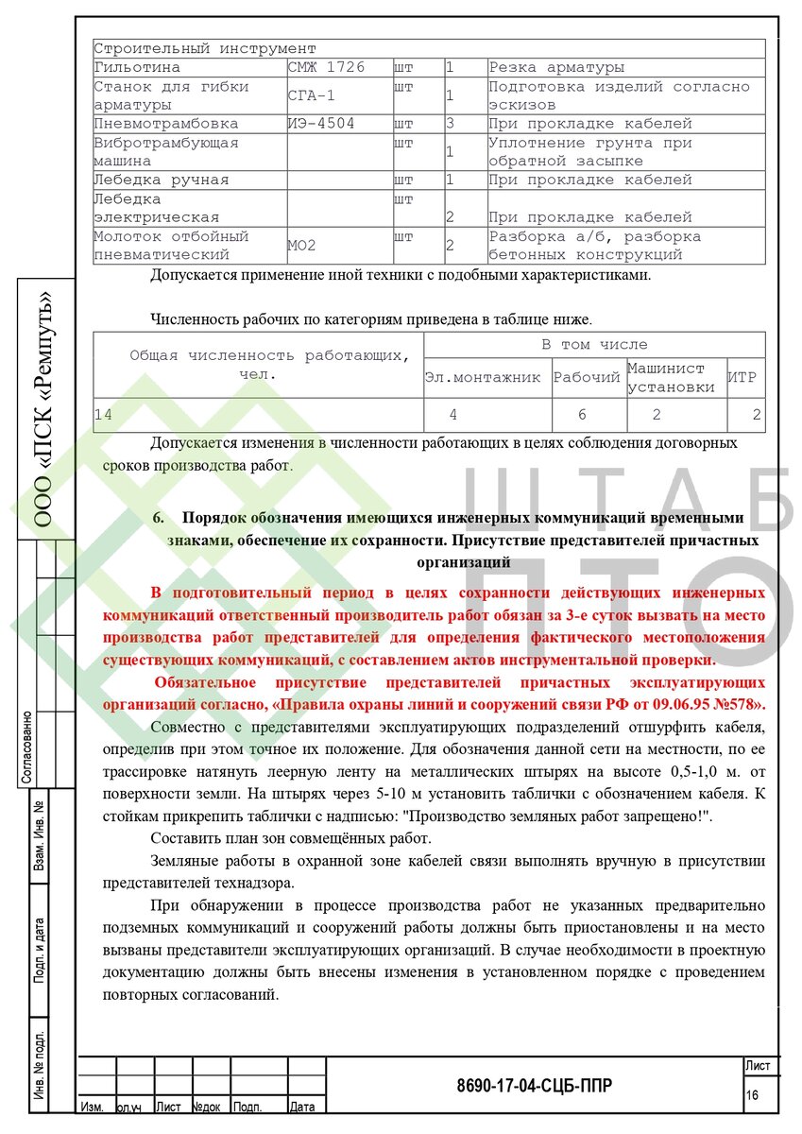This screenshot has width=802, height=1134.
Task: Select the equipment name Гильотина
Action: [137, 68]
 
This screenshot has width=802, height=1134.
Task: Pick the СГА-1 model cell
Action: [312, 96]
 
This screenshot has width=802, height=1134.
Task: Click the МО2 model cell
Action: [302, 247]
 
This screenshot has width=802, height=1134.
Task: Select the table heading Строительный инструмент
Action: [205, 49]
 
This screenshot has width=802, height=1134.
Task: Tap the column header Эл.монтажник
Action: [483, 378]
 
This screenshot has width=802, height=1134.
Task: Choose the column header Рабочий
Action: [587, 378]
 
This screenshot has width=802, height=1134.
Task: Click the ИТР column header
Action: [743, 378]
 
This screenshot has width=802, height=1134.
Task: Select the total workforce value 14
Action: [103, 414]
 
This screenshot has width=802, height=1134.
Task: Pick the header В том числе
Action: [594, 345]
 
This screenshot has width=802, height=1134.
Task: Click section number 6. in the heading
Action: [159, 519]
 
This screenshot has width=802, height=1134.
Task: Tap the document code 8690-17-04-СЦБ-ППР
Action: [534, 1086]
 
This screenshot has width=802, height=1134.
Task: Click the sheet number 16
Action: [753, 1094]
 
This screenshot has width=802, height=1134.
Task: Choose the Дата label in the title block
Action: [303, 1106]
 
